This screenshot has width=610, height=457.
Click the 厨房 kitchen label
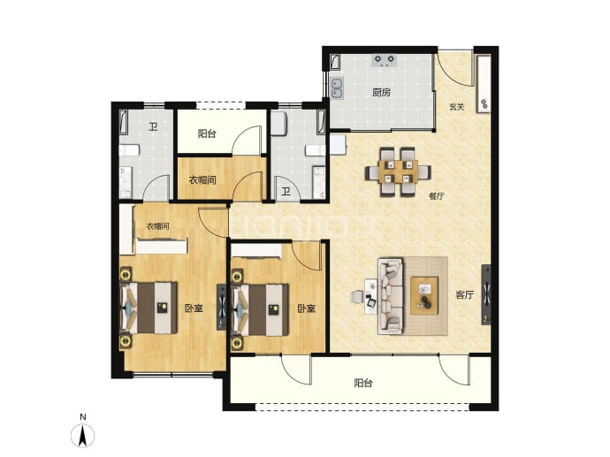[x=381, y=93]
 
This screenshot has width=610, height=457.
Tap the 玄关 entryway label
[x=457, y=107]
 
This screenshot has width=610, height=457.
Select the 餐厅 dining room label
[x=437, y=196]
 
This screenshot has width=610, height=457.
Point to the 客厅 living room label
[x=464, y=295]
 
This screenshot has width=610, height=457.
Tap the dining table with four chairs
[x=398, y=171]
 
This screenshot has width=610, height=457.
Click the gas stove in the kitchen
[x=385, y=60]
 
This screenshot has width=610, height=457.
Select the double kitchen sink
[x=337, y=88]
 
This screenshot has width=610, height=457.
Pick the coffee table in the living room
[x=424, y=295]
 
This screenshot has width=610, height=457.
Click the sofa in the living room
[x=391, y=296]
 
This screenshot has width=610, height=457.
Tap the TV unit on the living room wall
[x=486, y=294]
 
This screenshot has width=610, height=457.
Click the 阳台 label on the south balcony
[x=363, y=383]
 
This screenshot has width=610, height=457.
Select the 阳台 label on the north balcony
[x=207, y=133]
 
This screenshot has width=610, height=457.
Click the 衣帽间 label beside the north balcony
[x=202, y=180]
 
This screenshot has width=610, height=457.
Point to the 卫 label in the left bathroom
[x=153, y=126]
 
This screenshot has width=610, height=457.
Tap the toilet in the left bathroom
[x=129, y=150]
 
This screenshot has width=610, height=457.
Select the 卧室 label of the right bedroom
[x=307, y=308]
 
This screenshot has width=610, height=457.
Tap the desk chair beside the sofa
[x=357, y=296]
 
